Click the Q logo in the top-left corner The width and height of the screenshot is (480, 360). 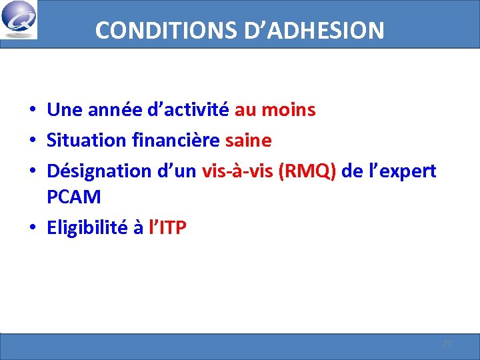click(x=19, y=20)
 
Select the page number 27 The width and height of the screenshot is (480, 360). click(x=447, y=343)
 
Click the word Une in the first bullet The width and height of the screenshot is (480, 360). click(x=63, y=109)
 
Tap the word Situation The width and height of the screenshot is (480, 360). click(x=86, y=141)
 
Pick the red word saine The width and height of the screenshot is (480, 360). click(x=249, y=141)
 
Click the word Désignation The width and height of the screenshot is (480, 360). click(x=99, y=171)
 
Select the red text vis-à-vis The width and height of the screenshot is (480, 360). click(x=237, y=171)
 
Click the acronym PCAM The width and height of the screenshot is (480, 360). click(x=74, y=197)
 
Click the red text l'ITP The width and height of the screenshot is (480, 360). click(x=167, y=228)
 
